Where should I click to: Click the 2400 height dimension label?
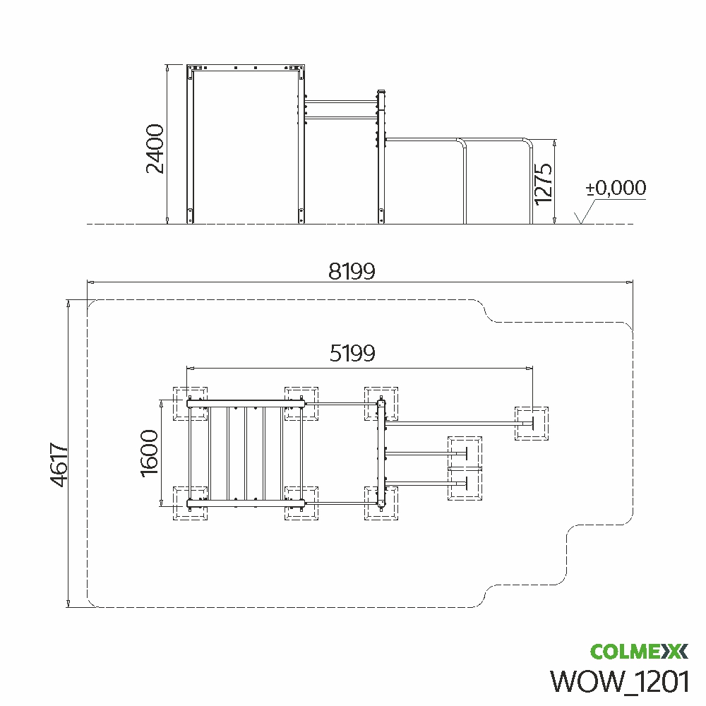click(155, 148)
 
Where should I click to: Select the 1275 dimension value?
click(543, 184)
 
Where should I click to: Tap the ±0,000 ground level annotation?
click(616, 188)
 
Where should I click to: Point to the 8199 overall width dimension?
click(352, 272)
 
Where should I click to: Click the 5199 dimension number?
click(352, 353)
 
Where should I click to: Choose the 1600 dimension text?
click(150, 453)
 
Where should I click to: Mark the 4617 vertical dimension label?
click(59, 465)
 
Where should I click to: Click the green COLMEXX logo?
click(639, 651)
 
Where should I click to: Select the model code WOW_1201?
click(620, 681)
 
